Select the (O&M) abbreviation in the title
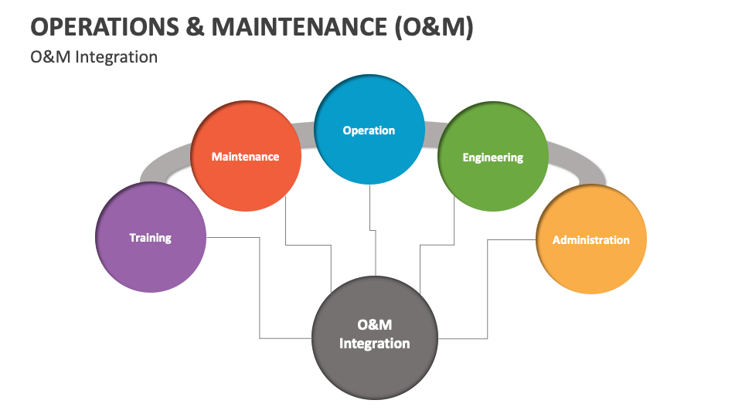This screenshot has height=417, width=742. point(434,26)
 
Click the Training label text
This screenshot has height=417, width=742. point(151,238)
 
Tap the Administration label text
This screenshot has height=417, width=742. point(591,240)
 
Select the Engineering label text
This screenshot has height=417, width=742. point(493,158)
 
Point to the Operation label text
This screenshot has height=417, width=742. point(369,131)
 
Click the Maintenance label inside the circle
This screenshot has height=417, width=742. point(246,157)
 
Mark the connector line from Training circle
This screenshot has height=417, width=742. point(260,286)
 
